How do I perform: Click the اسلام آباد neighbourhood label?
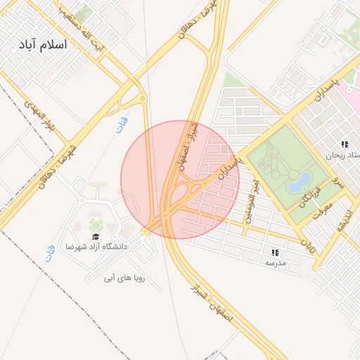pos(43,44)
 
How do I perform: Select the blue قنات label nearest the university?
pos(50,252)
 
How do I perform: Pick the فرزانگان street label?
pos(309,196)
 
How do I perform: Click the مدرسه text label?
pos(275,263)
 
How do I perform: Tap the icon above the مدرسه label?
pos(275,252)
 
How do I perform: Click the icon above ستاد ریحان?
pos(345,143)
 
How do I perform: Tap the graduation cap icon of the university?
pos(96,237)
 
